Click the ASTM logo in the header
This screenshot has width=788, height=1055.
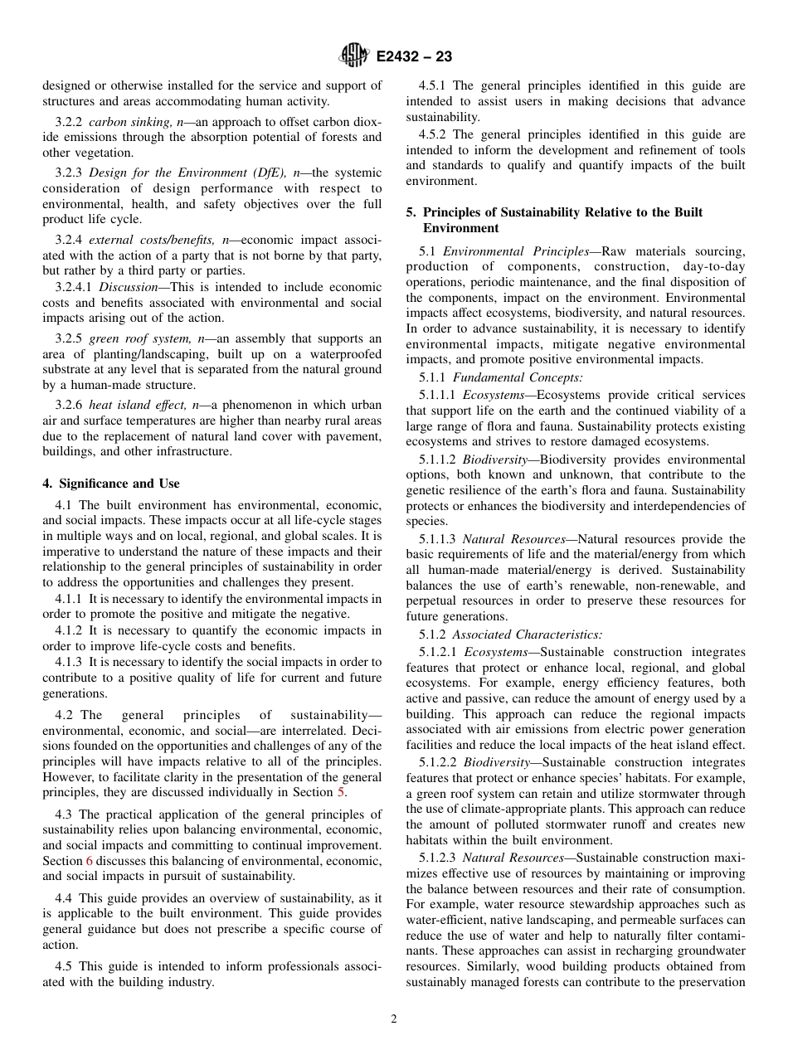355,56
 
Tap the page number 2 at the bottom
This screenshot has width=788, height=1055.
394,1019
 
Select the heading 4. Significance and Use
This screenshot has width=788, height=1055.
111,484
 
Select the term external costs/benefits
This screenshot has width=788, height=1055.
148,240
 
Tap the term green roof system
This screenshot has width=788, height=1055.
137,338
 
